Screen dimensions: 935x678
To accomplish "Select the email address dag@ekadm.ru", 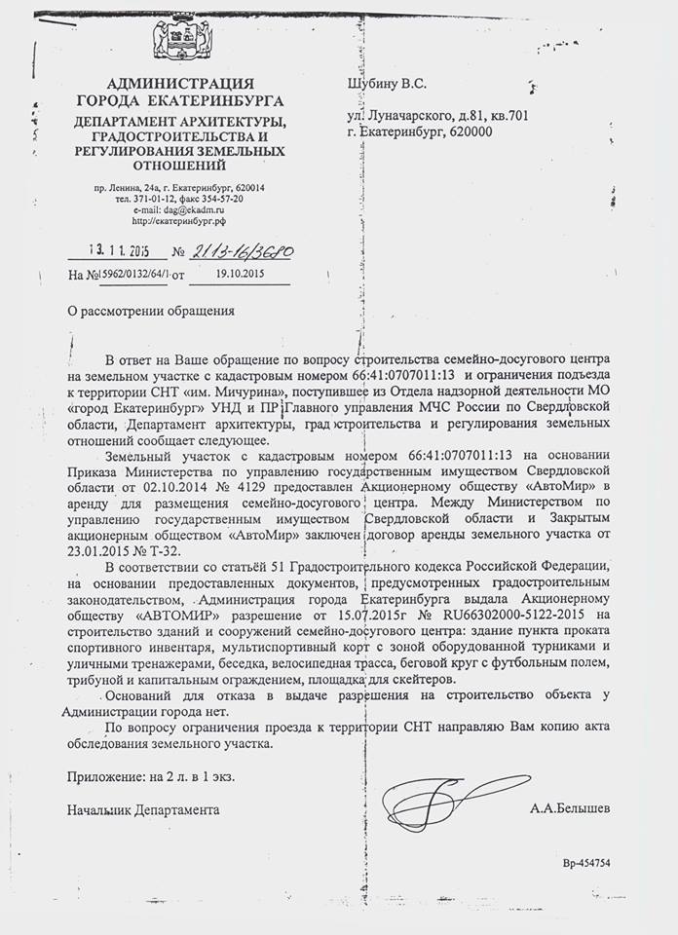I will coord(180,210).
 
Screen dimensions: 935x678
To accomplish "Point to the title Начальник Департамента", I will coord(143,809).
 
